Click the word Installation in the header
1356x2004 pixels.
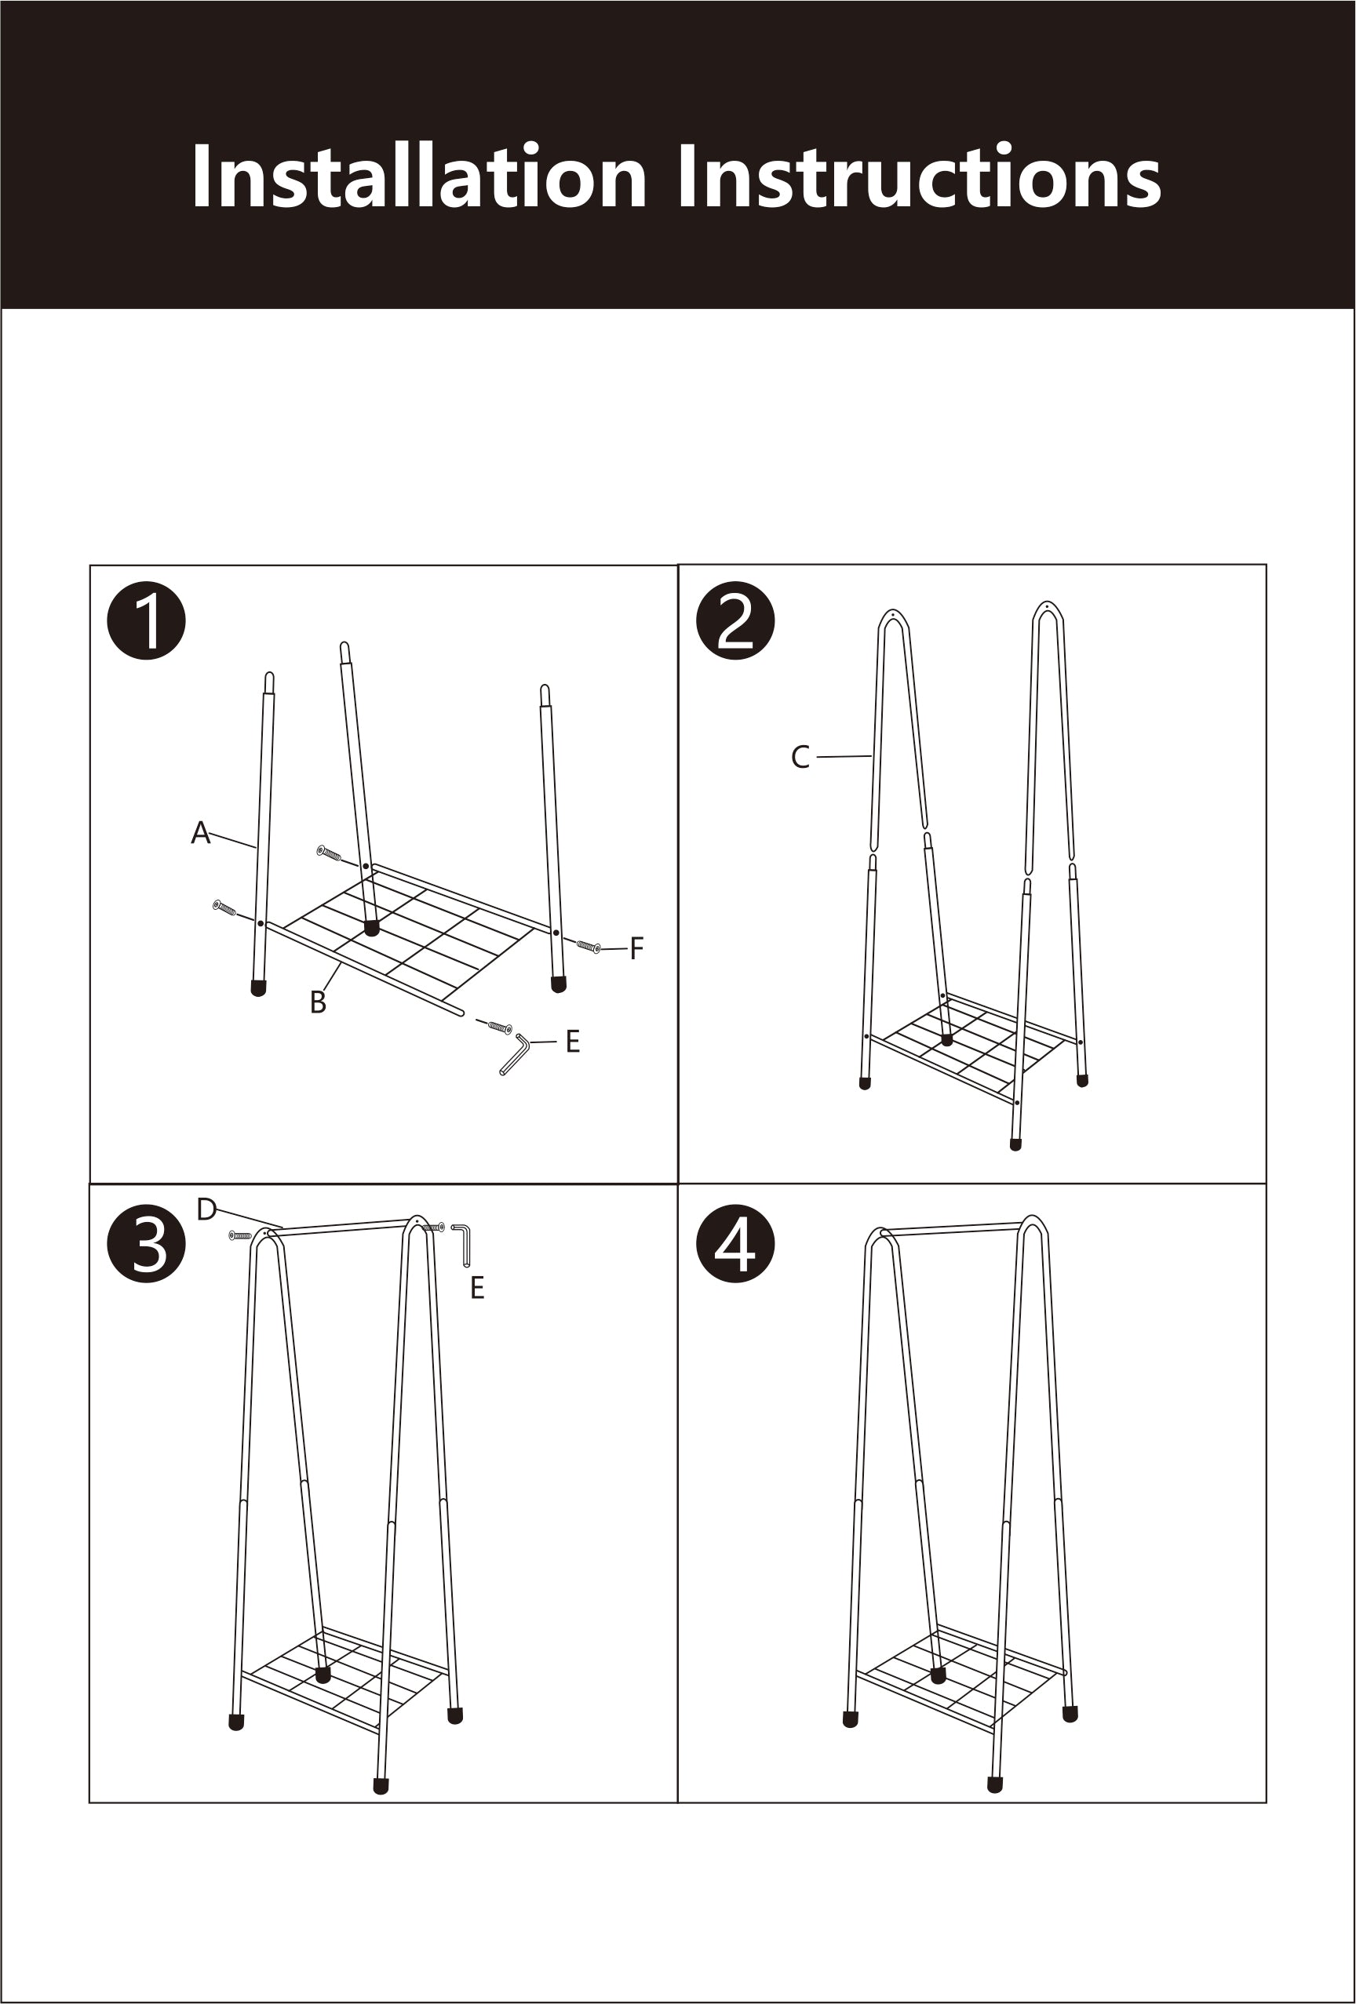click(418, 176)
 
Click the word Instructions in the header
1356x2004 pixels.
click(919, 176)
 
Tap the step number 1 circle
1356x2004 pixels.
click(147, 621)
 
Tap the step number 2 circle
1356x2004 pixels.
click(735, 621)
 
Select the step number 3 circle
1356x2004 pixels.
click(147, 1244)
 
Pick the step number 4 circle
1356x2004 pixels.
click(735, 1244)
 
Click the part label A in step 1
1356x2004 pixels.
click(200, 833)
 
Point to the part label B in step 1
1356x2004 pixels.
click(318, 1002)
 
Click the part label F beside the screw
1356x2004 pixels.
click(636, 948)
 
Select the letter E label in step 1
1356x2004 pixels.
click(572, 1042)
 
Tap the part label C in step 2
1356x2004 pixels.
click(800, 758)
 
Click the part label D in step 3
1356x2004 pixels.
click(206, 1209)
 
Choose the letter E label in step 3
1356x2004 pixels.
click(477, 1288)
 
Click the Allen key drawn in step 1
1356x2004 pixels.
click(515, 1056)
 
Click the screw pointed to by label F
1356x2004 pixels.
click(589, 947)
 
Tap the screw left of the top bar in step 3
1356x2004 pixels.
click(241, 1235)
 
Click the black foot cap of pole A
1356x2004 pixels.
click(258, 988)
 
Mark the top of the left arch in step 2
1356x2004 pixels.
click(893, 613)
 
